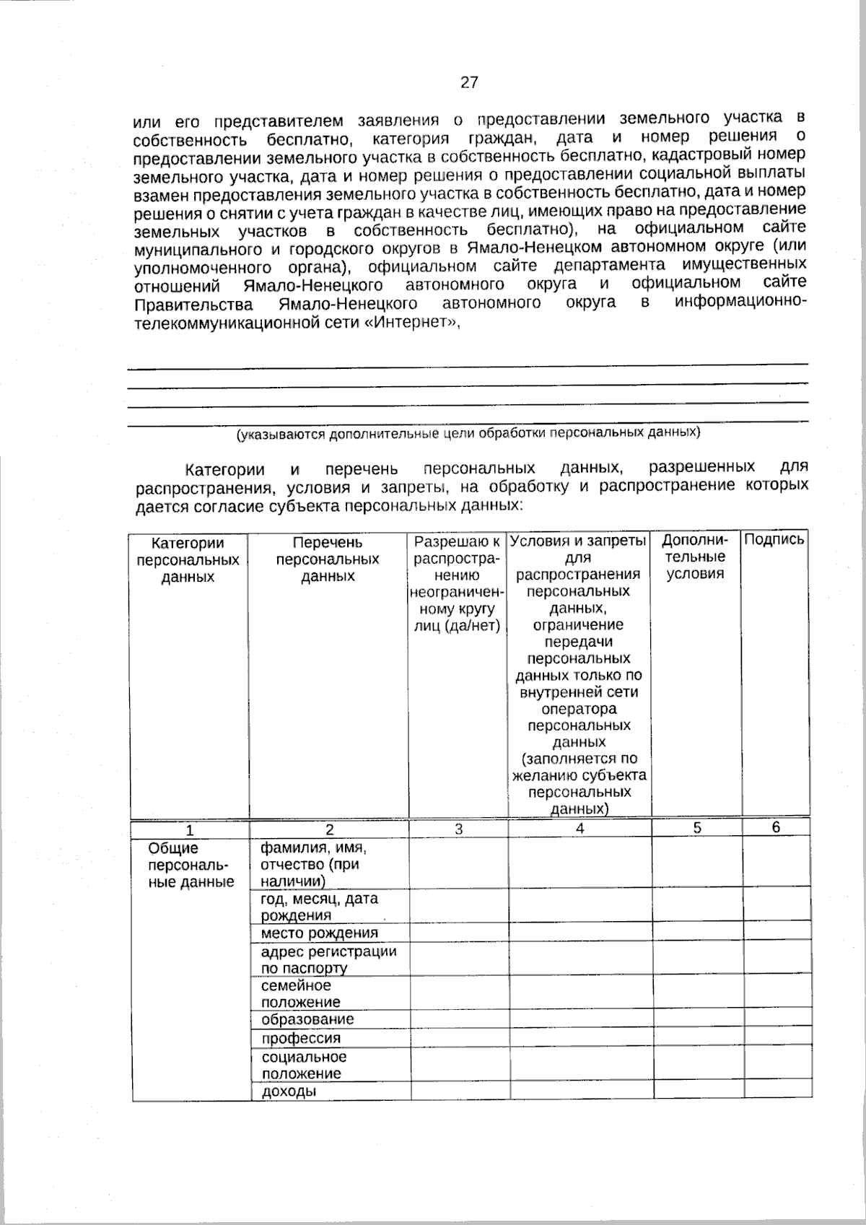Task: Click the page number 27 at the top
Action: pos(469,82)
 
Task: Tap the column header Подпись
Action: pos(774,539)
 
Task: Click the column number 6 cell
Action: pos(776,828)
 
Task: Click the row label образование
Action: pos(307,1019)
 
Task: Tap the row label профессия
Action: pos(301,1038)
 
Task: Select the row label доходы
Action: pos(289,1091)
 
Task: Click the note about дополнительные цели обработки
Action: pos(469,434)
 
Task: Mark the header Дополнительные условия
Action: pos(695,557)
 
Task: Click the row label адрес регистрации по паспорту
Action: pos(328,959)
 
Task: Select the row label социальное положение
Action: pos(303,1065)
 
